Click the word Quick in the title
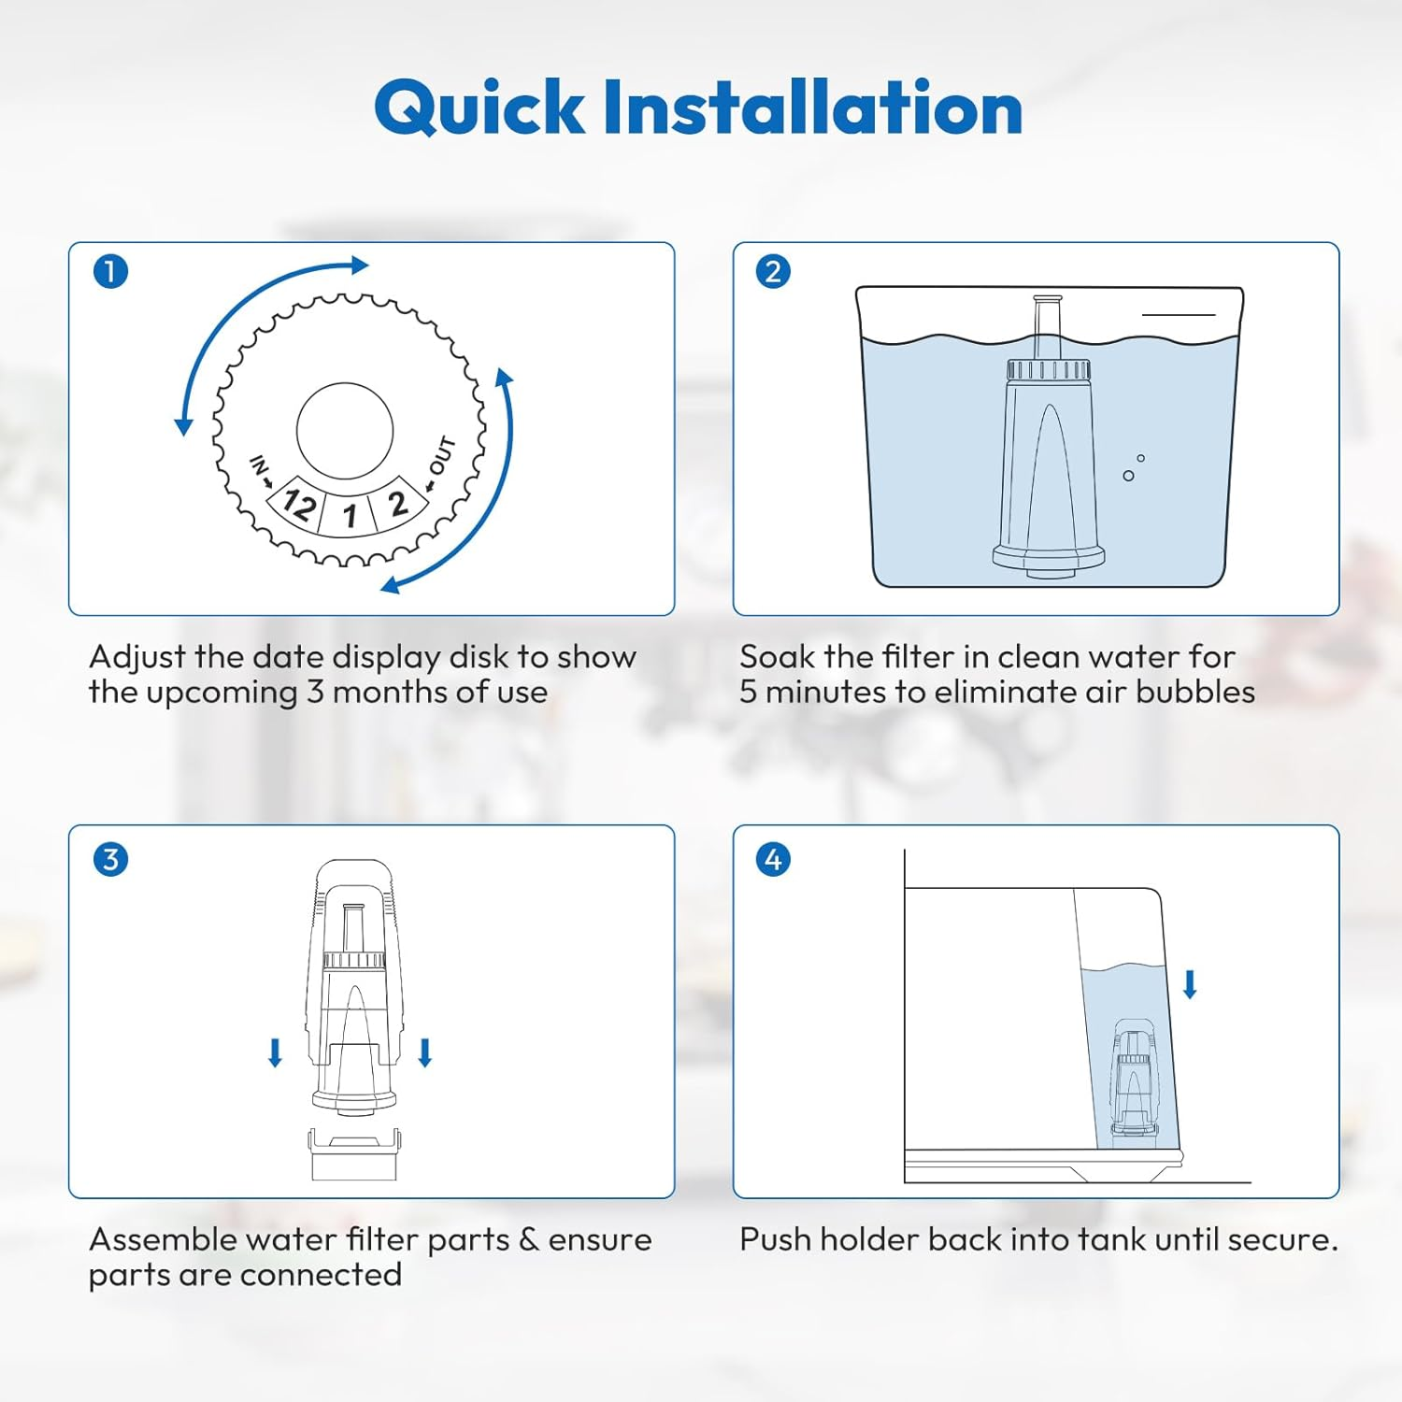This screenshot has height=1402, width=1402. pos(479,108)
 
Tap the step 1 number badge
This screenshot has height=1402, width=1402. pos(110,272)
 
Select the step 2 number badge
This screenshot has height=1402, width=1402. pos(773,272)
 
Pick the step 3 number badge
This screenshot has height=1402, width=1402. pos(110,859)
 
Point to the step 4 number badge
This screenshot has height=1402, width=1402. pos(773,859)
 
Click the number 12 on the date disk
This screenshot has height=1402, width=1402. pos(298,505)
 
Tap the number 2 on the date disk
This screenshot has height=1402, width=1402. pos(397,504)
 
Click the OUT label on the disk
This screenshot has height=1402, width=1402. pos(442,456)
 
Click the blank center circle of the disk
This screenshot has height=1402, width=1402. pos(345,431)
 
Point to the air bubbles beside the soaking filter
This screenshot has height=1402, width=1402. pos(1133,468)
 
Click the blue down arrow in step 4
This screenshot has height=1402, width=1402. pos(1190,984)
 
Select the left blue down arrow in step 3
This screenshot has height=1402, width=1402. pos(275,1052)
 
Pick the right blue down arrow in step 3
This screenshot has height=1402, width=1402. pos(425,1052)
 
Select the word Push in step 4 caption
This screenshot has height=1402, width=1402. pos(772,1239)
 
